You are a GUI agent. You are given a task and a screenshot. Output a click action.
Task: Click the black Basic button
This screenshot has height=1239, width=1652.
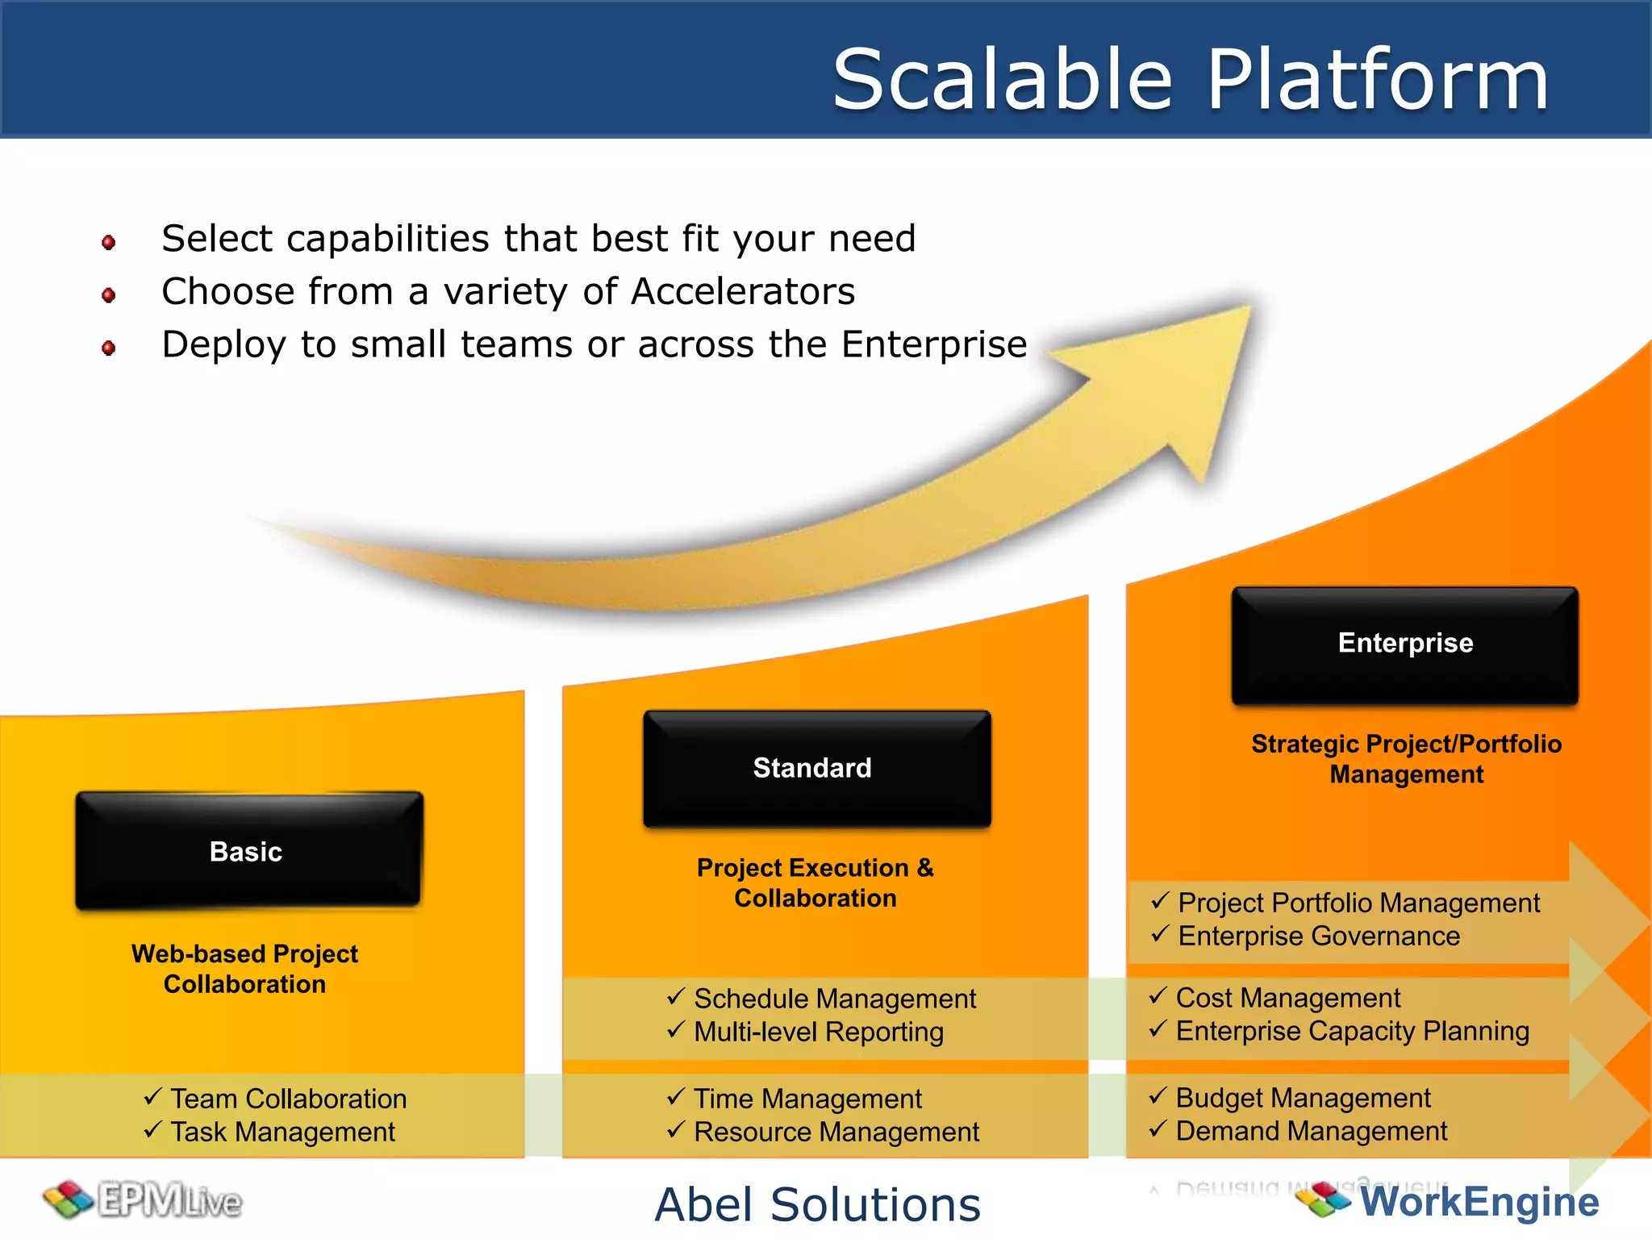(x=248, y=851)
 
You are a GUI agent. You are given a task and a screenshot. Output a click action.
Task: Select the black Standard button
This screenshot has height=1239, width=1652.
(x=816, y=768)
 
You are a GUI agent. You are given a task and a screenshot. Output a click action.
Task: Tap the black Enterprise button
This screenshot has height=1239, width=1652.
(x=1404, y=644)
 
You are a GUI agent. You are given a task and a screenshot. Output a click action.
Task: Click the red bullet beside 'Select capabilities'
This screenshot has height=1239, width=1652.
(x=109, y=242)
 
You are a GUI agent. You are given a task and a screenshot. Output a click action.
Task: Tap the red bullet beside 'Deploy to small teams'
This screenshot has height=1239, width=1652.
(x=109, y=348)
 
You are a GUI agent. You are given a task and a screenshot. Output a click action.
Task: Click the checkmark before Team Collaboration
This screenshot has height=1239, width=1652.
(x=152, y=1096)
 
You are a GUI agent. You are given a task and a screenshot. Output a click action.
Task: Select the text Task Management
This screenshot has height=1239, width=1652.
(x=282, y=1132)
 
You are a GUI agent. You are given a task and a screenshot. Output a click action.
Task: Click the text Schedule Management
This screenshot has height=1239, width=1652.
(x=834, y=999)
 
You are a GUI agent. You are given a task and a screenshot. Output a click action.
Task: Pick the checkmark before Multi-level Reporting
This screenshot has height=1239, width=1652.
(x=676, y=1029)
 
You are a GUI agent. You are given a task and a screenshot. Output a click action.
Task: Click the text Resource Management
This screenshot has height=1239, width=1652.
(x=836, y=1132)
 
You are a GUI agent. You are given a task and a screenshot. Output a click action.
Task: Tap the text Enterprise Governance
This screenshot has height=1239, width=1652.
(x=1318, y=936)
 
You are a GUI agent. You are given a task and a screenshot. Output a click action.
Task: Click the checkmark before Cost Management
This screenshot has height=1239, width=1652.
(x=1158, y=995)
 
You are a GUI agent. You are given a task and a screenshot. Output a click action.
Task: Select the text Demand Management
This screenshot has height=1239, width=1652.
(x=1311, y=1131)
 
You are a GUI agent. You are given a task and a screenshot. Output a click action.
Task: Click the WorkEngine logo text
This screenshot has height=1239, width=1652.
(x=1479, y=1202)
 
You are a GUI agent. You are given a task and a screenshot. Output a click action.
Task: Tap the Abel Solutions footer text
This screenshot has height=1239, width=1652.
(x=817, y=1204)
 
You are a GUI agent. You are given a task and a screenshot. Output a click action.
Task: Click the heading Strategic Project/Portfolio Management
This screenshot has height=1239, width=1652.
(x=1405, y=758)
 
